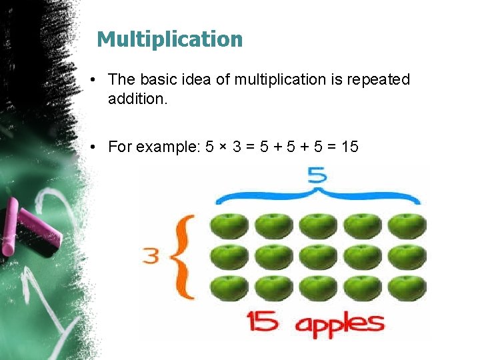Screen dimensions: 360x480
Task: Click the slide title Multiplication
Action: pyautogui.click(x=169, y=39)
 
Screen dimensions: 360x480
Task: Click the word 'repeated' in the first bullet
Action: pyautogui.click(x=379, y=80)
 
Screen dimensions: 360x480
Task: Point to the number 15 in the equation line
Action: pyautogui.click(x=349, y=146)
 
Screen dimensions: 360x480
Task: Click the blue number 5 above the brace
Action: pyautogui.click(x=317, y=175)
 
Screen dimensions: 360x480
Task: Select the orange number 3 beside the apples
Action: pyautogui.click(x=151, y=256)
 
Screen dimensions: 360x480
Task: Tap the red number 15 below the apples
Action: pyautogui.click(x=263, y=322)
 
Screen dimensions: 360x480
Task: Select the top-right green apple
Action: pyautogui.click(x=407, y=226)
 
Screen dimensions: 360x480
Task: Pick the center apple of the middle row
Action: pyautogui.click(x=318, y=257)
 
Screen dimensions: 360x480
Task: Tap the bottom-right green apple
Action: pyautogui.click(x=407, y=288)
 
